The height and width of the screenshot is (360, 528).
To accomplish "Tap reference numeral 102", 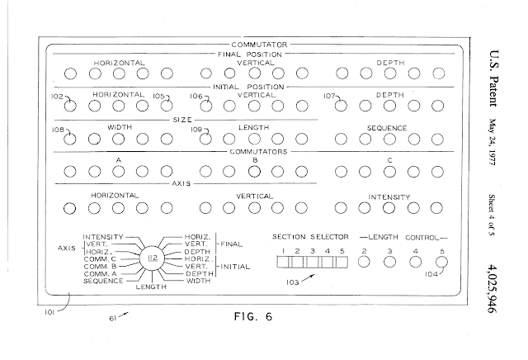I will tap(58, 97).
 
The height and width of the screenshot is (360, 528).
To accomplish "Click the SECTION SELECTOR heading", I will tap(306, 236).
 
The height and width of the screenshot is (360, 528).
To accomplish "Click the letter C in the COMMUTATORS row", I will tap(390, 160).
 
